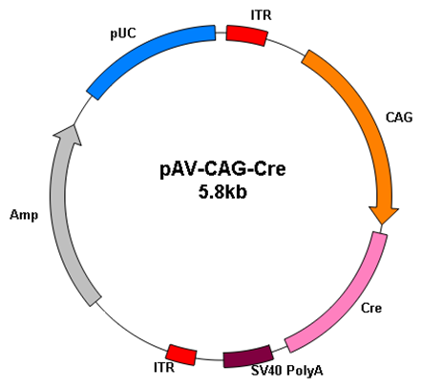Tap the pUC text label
(123, 33)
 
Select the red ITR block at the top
(246, 35)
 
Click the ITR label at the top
(261, 14)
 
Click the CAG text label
(399, 118)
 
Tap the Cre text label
(371, 308)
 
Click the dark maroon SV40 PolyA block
(248, 356)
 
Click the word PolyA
(305, 370)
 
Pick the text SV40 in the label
(266, 370)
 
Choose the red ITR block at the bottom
(181, 355)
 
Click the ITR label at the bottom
(164, 367)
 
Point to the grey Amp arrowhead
(69, 135)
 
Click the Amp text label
(24, 215)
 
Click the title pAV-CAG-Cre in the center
(222, 169)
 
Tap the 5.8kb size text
(222, 192)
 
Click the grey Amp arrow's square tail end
(95, 301)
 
